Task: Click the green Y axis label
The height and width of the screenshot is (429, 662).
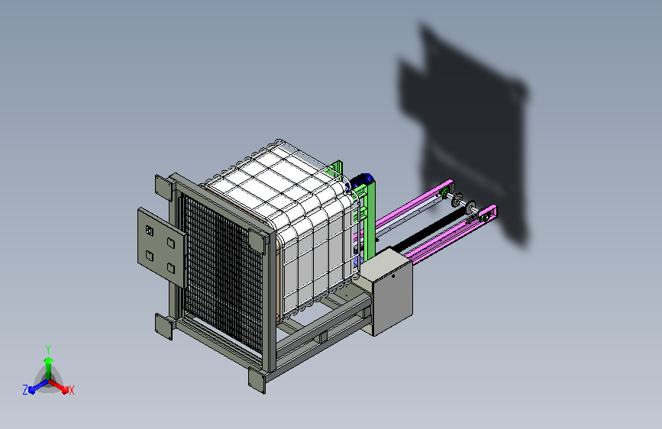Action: [48, 350]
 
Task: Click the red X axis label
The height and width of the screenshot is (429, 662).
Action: [71, 391]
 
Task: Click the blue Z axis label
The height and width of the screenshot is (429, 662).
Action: [25, 390]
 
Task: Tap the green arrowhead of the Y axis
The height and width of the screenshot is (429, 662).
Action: [49, 360]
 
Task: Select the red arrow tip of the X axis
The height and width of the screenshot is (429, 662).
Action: [65, 390]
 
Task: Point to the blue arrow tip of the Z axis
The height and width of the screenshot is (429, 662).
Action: [31, 390]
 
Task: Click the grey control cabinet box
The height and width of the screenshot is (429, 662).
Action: [387, 292]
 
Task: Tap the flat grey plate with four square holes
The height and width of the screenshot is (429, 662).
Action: [162, 247]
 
